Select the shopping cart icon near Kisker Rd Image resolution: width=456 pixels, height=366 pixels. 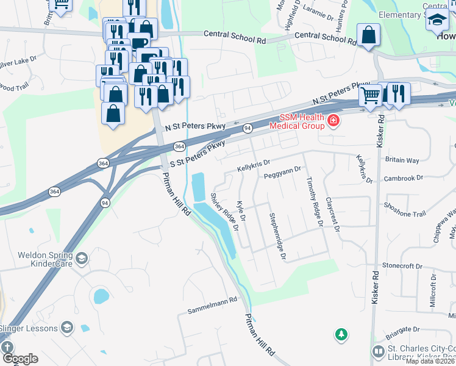point(369,95)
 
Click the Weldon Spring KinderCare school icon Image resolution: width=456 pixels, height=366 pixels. point(81,260)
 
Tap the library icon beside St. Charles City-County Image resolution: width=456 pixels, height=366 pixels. point(378,352)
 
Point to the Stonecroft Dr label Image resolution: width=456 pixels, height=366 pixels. point(402,266)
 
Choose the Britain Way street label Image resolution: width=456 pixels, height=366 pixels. point(402,160)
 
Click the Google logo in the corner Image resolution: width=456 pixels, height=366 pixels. point(20,359)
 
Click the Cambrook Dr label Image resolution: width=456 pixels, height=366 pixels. point(404,179)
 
